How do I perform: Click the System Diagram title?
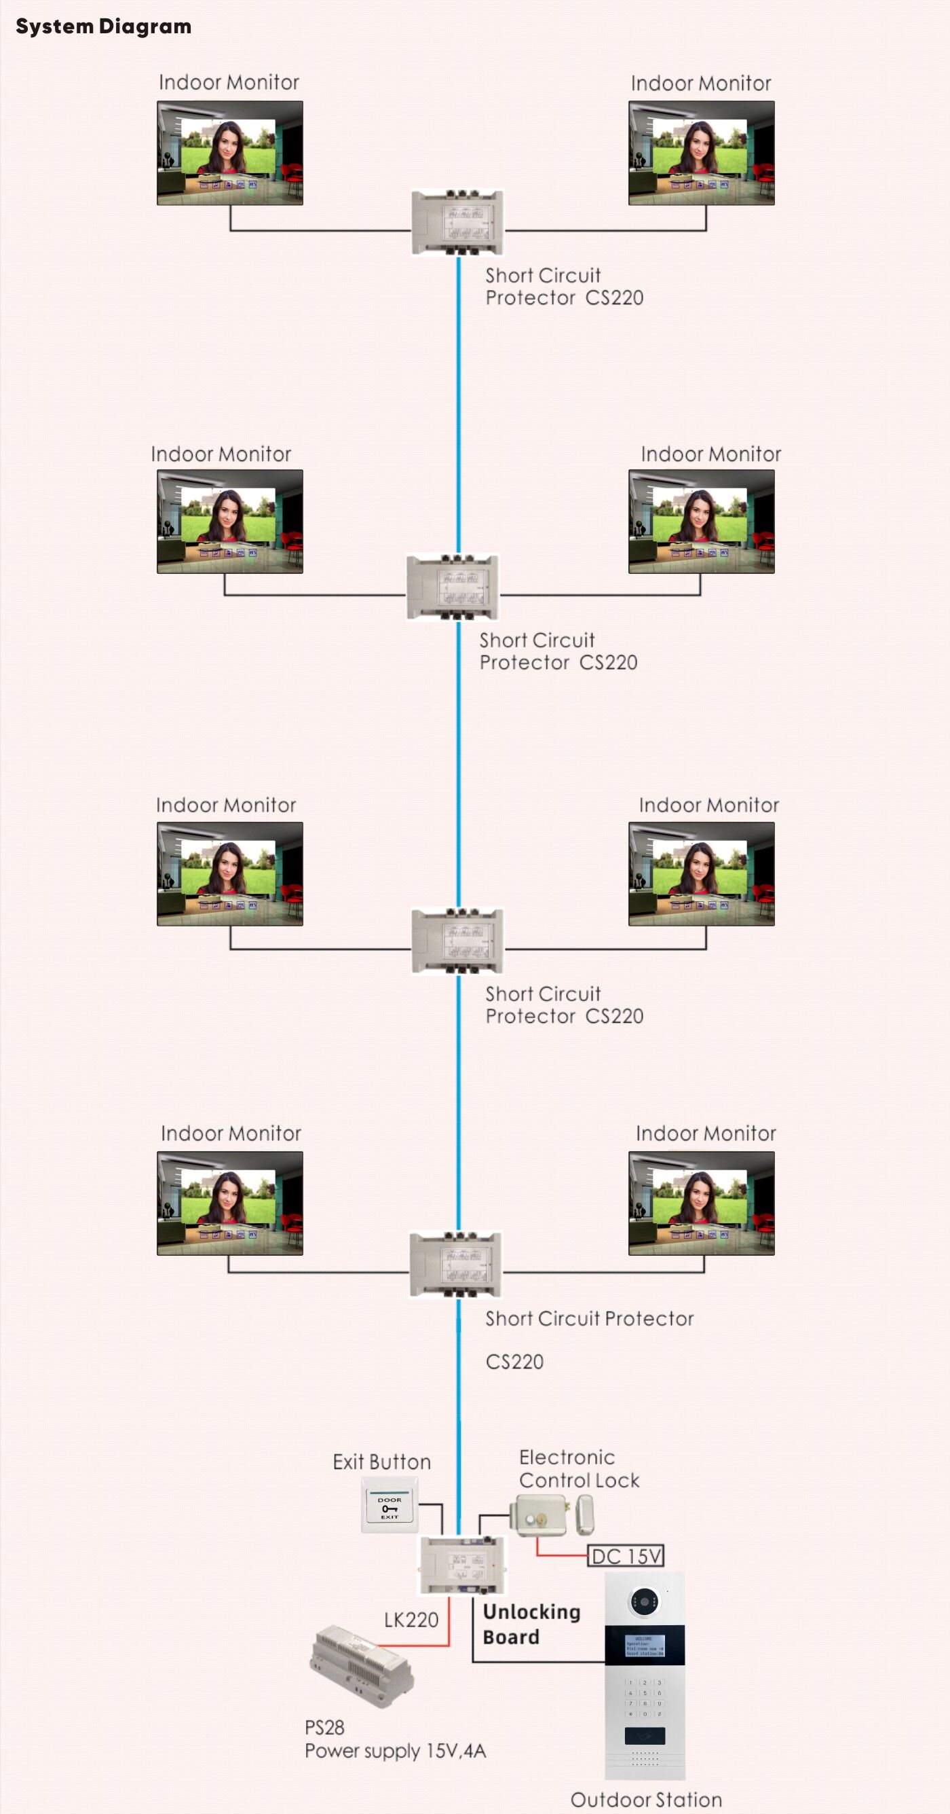pos(103,26)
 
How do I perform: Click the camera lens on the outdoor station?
pos(645,1602)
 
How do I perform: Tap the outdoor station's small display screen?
pos(645,1645)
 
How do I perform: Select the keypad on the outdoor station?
pos(645,1698)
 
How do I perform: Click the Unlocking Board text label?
pos(531,1624)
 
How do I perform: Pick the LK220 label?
pos(411,1620)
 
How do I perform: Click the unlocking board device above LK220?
pos(462,1565)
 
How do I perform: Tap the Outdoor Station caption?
pos(646,1800)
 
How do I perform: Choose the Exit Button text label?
pos(381,1462)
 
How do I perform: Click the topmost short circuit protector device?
pos(457,223)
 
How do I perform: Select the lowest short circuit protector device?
pos(456,1264)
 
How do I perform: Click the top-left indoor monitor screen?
pos(229,153)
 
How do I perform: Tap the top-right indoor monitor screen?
pos(701,153)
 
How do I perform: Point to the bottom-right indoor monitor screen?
pos(701,1203)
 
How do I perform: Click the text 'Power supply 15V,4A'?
pos(395,1752)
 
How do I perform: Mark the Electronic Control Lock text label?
pos(578,1468)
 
